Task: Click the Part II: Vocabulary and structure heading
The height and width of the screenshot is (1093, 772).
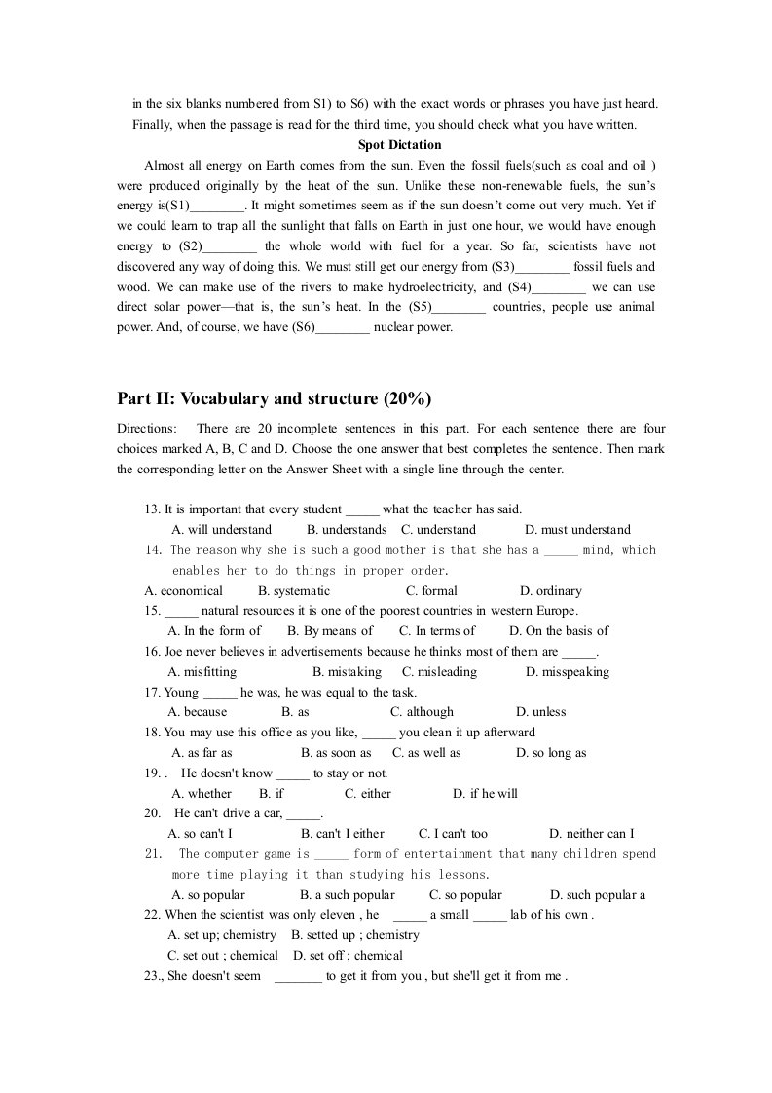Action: pos(274,398)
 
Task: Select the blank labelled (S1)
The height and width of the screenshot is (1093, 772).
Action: pos(218,206)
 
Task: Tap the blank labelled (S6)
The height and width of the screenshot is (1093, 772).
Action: pos(343,328)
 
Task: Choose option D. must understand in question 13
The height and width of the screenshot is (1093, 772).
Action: pos(577,530)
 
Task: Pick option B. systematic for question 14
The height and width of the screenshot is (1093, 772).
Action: pos(294,590)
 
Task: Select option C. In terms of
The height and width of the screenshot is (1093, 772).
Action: pos(438,631)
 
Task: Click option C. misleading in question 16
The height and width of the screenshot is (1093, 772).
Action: pos(440,671)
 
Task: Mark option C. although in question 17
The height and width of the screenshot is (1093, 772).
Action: pos(422,712)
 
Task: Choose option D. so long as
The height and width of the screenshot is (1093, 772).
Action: pos(551,753)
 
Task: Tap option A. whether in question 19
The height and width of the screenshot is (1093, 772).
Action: pos(202,793)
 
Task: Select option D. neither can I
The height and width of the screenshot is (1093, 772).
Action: pos(591,834)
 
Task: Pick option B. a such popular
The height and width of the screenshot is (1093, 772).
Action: pos(348,894)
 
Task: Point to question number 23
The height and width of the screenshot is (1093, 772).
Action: pos(153,976)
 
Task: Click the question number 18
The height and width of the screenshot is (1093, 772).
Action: pos(152,733)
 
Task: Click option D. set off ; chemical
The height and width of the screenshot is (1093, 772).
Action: pos(348,956)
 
